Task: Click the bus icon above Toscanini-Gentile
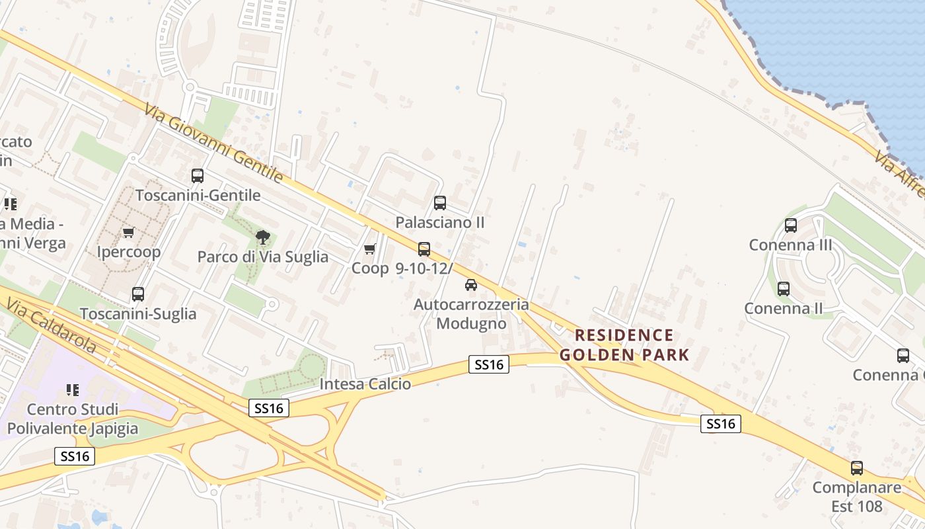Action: pyautogui.click(x=198, y=175)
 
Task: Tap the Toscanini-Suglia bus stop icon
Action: pyautogui.click(x=138, y=294)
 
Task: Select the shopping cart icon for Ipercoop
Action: pyautogui.click(x=128, y=232)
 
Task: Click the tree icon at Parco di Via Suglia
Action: pyautogui.click(x=263, y=237)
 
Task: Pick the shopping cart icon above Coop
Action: pyautogui.click(x=370, y=249)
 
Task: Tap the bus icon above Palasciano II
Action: pyautogui.click(x=440, y=203)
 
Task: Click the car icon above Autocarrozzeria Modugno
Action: pyautogui.click(x=470, y=285)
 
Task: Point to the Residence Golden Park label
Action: pyautogui.click(x=624, y=345)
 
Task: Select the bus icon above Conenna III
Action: pyautogui.click(x=791, y=225)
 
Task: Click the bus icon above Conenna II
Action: pyautogui.click(x=784, y=289)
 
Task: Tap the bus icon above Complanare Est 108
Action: pyautogui.click(x=857, y=468)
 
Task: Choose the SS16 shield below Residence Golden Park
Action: pyautogui.click(x=720, y=423)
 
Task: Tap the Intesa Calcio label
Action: pyautogui.click(x=365, y=384)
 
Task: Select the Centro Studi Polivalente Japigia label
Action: pyautogui.click(x=73, y=419)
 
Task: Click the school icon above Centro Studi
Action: pyautogui.click(x=73, y=389)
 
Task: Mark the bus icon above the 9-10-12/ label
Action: pyautogui.click(x=424, y=249)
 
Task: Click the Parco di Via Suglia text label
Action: pyautogui.click(x=263, y=257)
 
